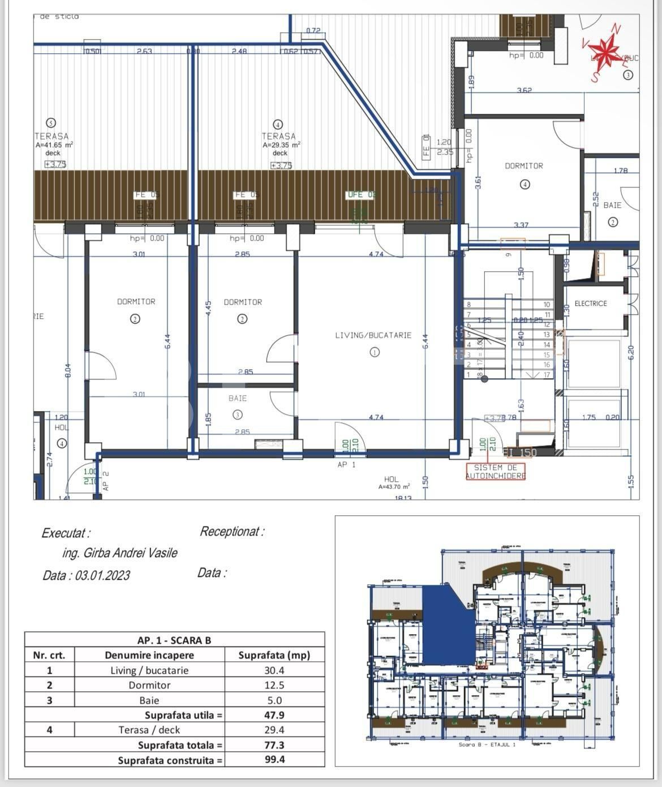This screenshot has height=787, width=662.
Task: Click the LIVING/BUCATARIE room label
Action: [x=373, y=335]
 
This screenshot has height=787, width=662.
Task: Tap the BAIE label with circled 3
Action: [x=238, y=399]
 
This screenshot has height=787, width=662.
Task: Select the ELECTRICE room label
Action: [x=590, y=303]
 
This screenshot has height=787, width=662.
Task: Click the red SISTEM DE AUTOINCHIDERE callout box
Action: [x=495, y=472]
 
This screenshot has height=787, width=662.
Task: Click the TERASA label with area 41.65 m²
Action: [x=51, y=136]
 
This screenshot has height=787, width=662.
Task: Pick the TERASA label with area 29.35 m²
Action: [x=278, y=136]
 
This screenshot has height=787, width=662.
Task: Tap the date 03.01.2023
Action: [x=102, y=575]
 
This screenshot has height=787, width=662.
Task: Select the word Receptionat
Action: [x=231, y=532]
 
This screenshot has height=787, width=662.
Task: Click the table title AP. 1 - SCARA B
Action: [x=174, y=640]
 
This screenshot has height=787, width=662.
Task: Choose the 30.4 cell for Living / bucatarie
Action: [x=274, y=670]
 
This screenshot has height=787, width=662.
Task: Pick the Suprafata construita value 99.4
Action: [x=274, y=759]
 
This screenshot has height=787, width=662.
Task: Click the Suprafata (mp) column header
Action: [x=274, y=655]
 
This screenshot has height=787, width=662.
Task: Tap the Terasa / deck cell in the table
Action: [x=149, y=730]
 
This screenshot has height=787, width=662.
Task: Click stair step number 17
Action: [x=547, y=375]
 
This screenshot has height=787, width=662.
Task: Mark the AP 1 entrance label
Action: [x=346, y=465]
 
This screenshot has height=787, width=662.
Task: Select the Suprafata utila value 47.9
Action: [x=274, y=715]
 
